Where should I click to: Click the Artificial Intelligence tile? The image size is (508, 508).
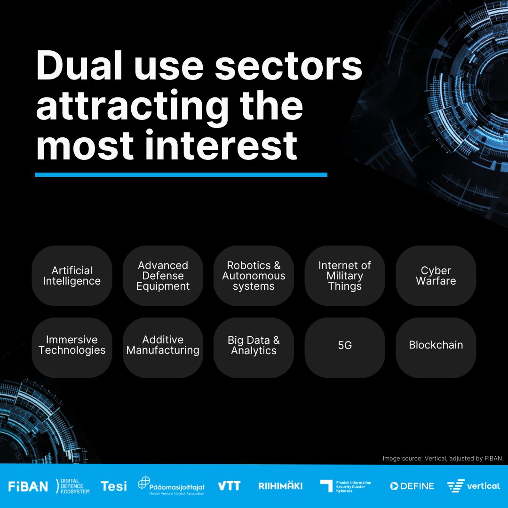[72, 276]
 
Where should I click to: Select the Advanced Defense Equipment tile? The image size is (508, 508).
[163, 276]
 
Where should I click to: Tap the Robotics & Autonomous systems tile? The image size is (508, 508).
[254, 276]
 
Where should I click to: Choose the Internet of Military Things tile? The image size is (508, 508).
[345, 276]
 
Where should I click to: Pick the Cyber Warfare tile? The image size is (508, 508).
[436, 276]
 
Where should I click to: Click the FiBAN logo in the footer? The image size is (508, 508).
[28, 486]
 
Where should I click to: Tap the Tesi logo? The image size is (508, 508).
[113, 486]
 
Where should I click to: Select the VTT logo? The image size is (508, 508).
[229, 486]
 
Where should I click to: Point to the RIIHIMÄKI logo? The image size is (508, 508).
[280, 486]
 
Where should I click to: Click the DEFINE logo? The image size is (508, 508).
[412, 486]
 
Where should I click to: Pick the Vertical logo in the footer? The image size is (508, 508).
[473, 486]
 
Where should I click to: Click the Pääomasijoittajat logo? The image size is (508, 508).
[171, 486]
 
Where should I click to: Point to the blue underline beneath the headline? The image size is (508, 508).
[181, 175]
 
